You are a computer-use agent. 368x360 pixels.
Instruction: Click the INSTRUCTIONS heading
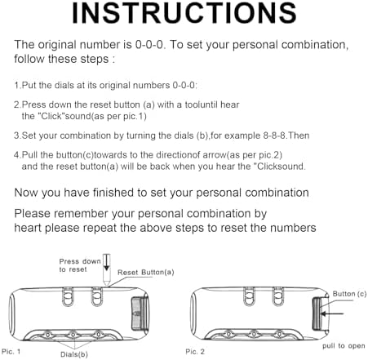(x=184, y=13)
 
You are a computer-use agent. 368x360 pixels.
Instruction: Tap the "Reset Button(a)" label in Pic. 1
(x=146, y=272)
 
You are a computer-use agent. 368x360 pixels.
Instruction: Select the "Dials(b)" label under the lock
(x=74, y=354)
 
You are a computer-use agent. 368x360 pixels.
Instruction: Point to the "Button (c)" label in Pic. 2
(x=349, y=294)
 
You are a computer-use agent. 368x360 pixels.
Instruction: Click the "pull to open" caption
(x=344, y=346)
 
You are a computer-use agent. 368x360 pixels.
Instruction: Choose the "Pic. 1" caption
(x=11, y=351)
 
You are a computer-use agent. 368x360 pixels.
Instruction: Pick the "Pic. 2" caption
(x=195, y=351)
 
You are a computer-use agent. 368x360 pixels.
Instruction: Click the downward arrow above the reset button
(x=107, y=263)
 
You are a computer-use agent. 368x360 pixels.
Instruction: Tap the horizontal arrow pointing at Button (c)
(x=332, y=313)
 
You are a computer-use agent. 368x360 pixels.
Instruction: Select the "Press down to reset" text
(x=80, y=265)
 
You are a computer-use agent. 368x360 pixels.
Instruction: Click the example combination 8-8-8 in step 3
(x=274, y=136)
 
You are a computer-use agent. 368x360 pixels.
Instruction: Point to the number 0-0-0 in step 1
(x=184, y=85)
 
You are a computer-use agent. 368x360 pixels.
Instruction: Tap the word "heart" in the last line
(x=28, y=228)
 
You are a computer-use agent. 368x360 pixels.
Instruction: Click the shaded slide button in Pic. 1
(x=140, y=313)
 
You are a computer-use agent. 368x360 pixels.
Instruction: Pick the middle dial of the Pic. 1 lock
(x=73, y=335)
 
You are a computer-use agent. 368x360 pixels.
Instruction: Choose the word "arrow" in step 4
(x=215, y=155)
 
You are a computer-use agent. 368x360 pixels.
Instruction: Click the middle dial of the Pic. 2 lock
(x=254, y=334)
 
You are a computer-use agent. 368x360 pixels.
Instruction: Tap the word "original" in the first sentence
(x=57, y=45)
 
